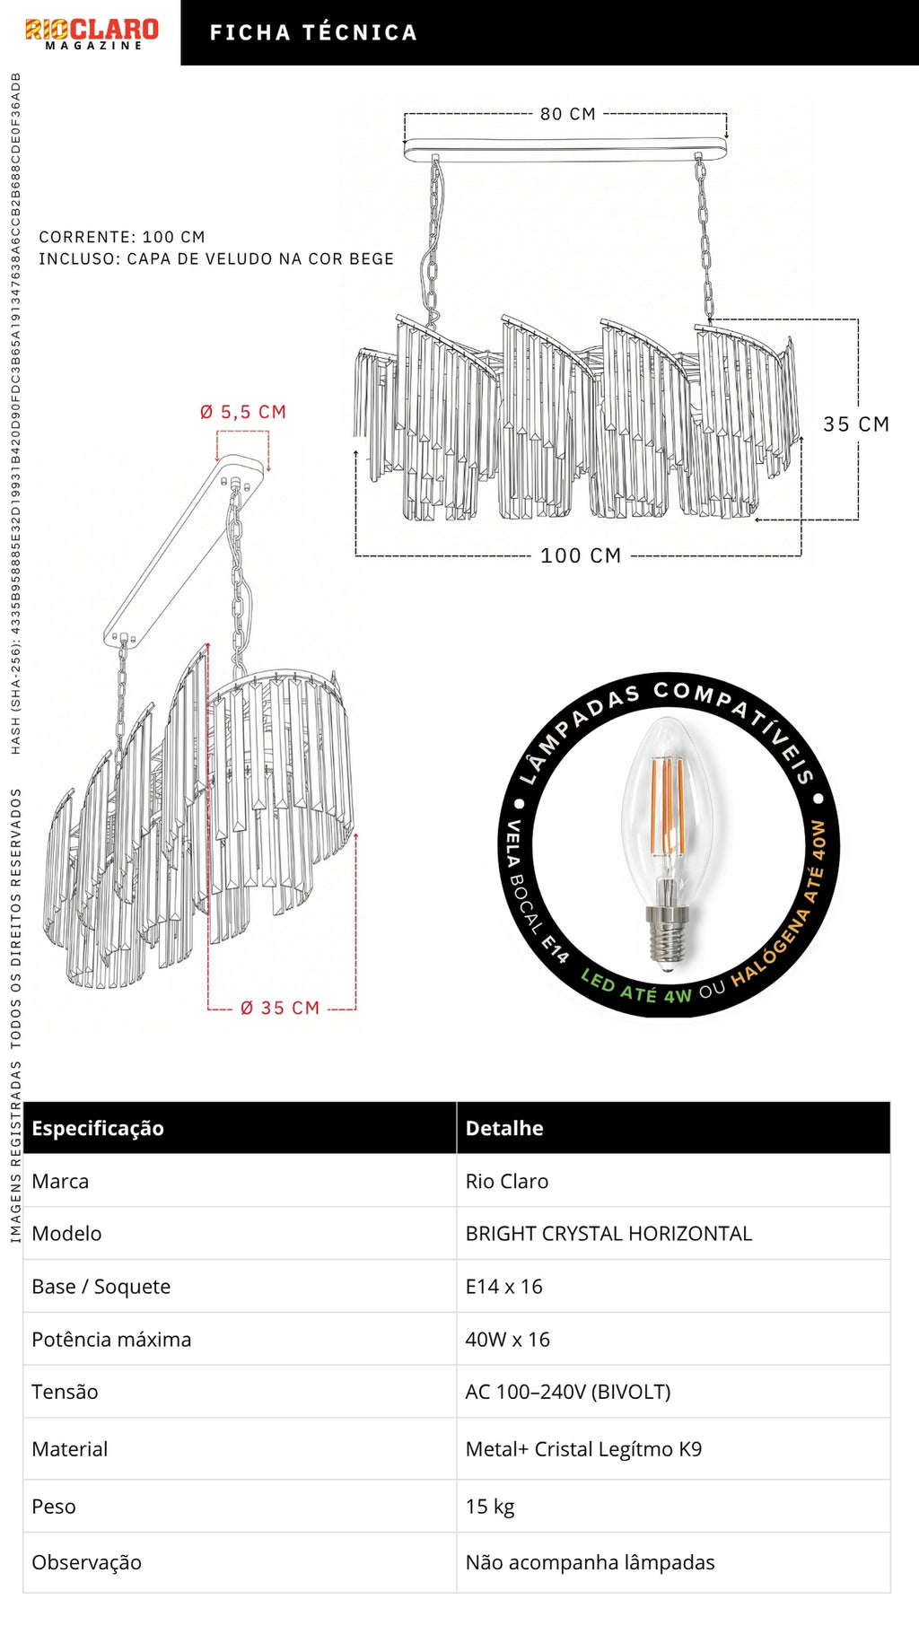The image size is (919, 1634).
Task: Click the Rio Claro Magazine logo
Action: tap(92, 33)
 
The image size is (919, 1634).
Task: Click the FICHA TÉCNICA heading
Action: tap(313, 33)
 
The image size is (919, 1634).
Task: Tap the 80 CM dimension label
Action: tap(568, 114)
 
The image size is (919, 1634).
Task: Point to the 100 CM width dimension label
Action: tap(581, 556)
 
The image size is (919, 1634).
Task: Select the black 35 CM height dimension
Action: tap(856, 424)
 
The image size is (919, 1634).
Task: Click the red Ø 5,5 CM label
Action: tap(243, 412)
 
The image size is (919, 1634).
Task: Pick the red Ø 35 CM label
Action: tap(280, 1009)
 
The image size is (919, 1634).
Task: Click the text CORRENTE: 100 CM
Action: tap(122, 237)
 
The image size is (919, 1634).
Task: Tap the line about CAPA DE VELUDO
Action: tap(216, 259)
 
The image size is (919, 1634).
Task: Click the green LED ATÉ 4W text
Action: tap(636, 987)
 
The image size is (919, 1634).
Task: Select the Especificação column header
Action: tap(98, 1128)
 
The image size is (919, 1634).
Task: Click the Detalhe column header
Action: tap(504, 1128)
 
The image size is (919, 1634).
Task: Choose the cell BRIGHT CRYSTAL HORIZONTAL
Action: tap(608, 1234)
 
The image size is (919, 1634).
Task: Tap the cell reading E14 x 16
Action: tap(503, 1287)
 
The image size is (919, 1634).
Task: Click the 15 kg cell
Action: tap(490, 1507)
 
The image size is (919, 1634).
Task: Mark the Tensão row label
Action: tap(65, 1392)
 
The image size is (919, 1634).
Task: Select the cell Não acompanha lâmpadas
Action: tap(590, 1562)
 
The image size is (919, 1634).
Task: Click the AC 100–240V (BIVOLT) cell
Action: tap(568, 1392)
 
